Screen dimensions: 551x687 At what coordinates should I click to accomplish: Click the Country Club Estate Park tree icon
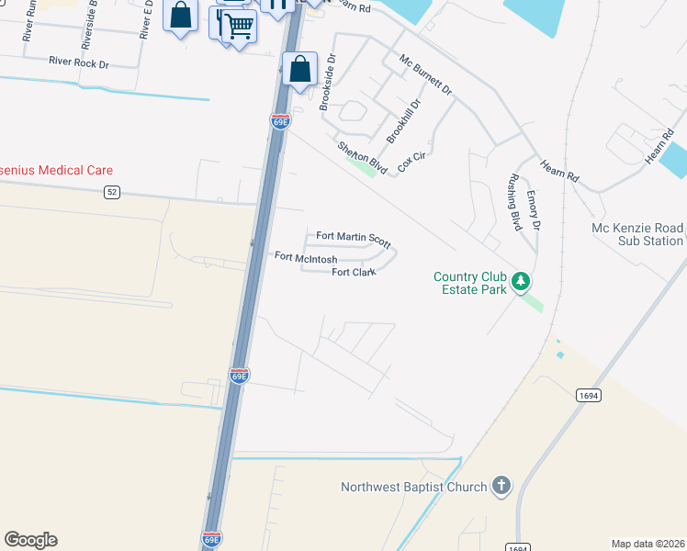tap(521, 280)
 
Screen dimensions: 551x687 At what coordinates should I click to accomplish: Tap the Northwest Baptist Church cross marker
tap(501, 486)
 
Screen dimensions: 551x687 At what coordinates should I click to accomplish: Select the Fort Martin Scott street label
tap(354, 238)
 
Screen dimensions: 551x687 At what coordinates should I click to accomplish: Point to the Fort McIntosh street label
tap(306, 258)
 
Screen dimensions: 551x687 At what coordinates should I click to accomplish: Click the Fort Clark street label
tap(355, 273)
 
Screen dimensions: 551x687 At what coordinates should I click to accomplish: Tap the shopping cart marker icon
tap(239, 26)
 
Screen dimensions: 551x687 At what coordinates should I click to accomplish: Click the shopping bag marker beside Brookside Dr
tap(299, 69)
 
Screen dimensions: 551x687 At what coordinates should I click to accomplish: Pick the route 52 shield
tap(112, 192)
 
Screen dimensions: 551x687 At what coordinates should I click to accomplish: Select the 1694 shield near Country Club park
tap(589, 395)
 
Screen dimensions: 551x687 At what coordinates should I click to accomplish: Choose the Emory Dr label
tap(534, 210)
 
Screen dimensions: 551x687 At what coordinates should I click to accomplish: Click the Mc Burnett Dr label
tap(425, 74)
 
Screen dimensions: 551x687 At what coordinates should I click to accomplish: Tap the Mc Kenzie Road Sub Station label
tap(637, 234)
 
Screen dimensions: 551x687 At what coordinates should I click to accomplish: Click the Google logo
tap(30, 540)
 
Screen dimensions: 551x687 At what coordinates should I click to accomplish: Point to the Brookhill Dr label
tap(402, 121)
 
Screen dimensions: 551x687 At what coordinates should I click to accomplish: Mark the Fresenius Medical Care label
tap(55, 170)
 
